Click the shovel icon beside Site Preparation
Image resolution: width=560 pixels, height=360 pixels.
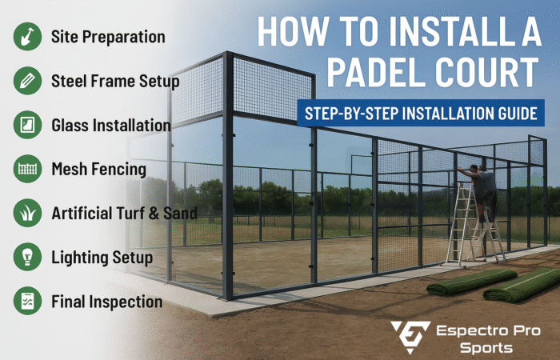(x=27, y=37)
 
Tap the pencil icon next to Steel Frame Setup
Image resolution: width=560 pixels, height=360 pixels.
(x=27, y=81)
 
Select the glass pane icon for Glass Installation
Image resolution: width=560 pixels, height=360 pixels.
(x=27, y=125)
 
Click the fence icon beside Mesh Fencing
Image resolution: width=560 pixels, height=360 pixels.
(x=27, y=169)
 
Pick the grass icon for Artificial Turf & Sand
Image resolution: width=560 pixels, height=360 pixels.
(x=27, y=213)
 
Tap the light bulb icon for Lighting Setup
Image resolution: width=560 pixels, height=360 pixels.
(x=27, y=257)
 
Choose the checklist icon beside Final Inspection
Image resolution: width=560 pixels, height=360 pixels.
(x=27, y=301)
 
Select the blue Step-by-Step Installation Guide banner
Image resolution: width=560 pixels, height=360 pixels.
(x=421, y=113)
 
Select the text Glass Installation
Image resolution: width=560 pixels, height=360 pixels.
(x=111, y=126)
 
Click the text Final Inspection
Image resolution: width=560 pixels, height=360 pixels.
(x=106, y=302)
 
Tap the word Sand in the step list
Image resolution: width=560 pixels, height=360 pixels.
(x=180, y=214)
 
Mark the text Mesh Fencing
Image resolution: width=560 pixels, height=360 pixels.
(x=99, y=170)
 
